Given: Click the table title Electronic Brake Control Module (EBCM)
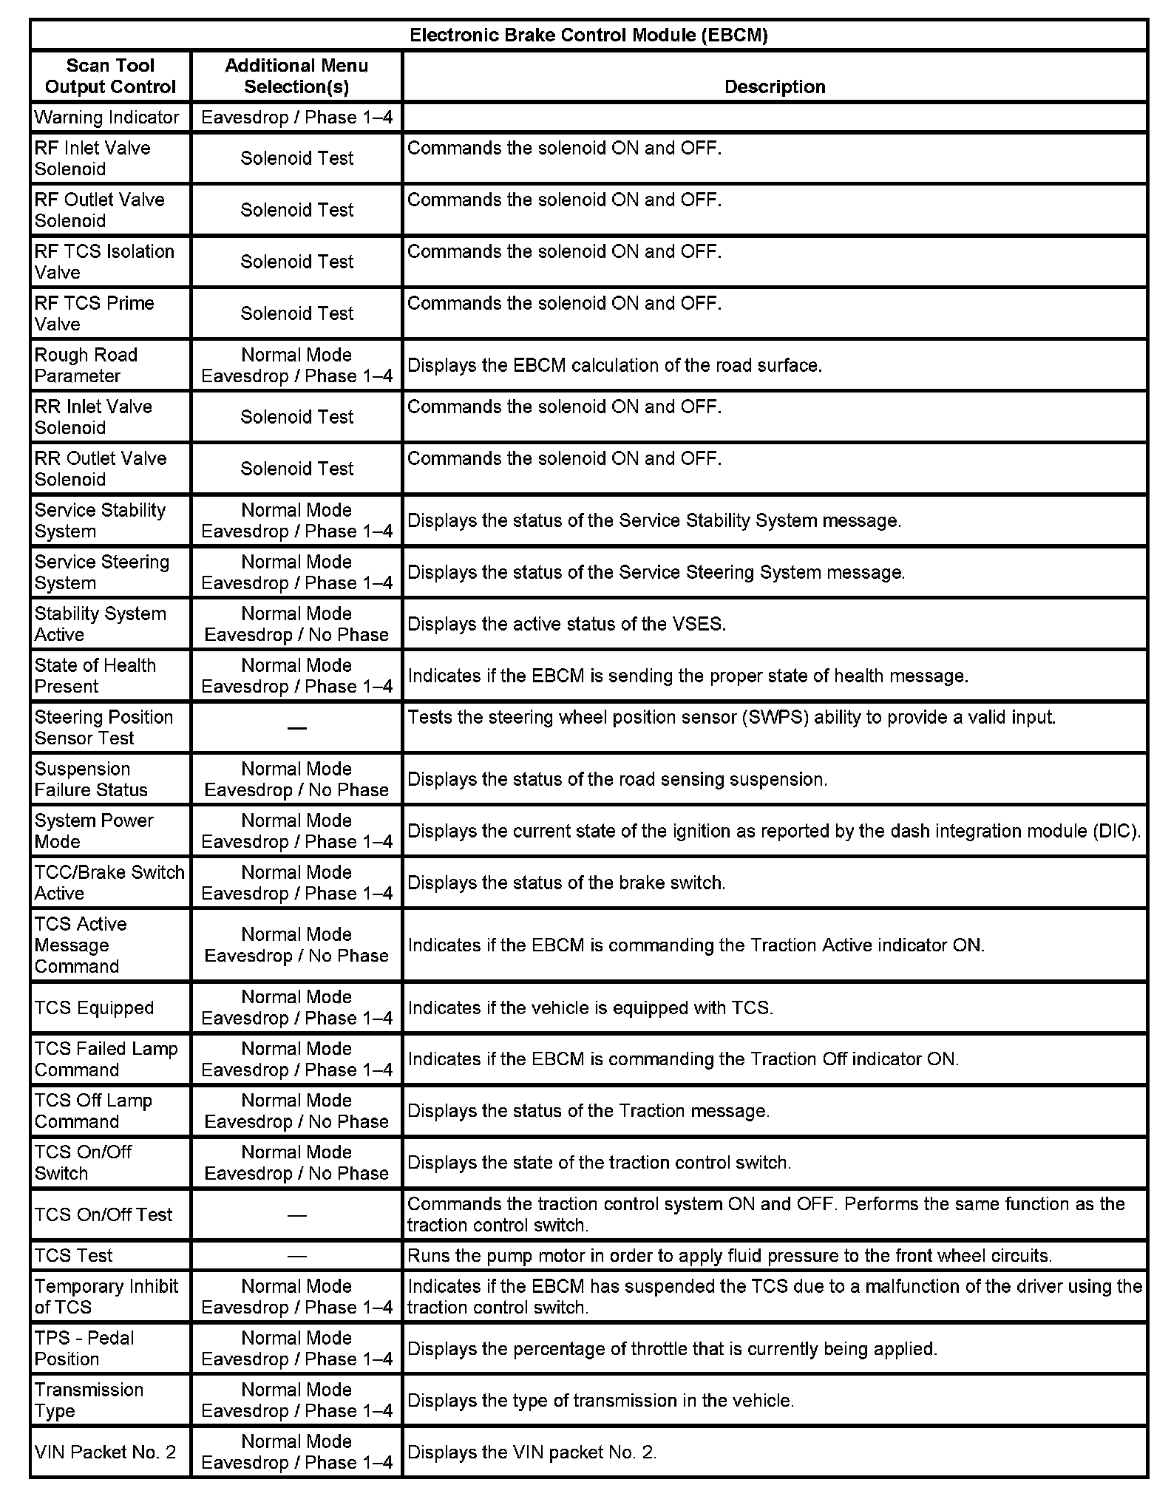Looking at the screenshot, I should click(588, 35).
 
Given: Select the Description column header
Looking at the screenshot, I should click(774, 86).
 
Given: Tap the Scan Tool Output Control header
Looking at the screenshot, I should click(110, 76).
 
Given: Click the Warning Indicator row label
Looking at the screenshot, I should click(106, 118).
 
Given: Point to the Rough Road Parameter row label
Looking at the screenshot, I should click(86, 365).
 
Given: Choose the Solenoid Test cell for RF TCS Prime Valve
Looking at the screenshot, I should click(296, 313).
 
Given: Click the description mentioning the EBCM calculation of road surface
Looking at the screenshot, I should click(614, 365).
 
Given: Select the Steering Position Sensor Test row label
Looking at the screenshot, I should click(103, 727).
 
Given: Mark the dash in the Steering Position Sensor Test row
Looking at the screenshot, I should click(296, 728).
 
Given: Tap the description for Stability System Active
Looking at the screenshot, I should click(566, 624).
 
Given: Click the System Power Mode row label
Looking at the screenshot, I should click(94, 831).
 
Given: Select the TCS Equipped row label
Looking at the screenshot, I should click(94, 1007).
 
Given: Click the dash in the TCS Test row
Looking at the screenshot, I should click(296, 1255).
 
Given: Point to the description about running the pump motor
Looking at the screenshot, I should click(729, 1255).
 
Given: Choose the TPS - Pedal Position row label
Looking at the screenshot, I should click(84, 1348).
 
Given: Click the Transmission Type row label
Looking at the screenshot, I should click(89, 1400).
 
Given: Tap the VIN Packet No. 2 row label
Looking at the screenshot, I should click(105, 1452).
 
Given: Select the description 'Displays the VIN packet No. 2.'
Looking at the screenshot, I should click(532, 1452).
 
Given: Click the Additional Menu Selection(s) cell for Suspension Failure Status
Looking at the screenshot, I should click(296, 779).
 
